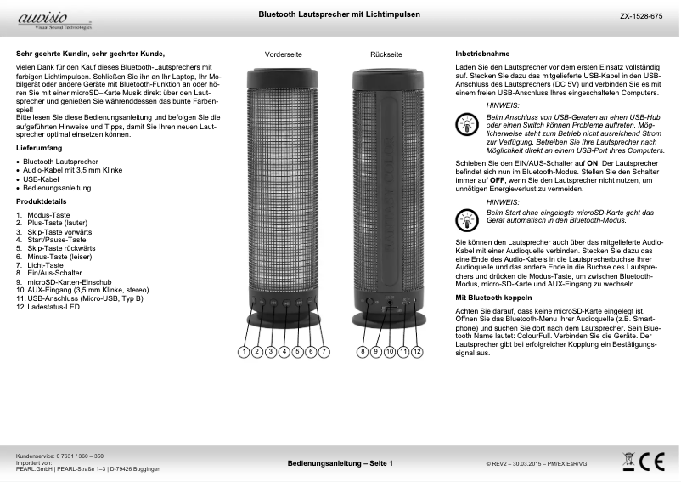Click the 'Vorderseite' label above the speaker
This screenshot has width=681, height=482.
coord(284,54)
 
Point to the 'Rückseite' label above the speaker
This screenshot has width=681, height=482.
coord(387,54)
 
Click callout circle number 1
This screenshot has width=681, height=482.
coord(243,351)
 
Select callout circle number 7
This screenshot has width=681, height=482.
coord(324,351)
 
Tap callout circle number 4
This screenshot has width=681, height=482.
coord(284,351)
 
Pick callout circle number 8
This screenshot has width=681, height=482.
coord(363,351)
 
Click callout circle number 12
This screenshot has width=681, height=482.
coord(417,351)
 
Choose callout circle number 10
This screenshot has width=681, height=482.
coord(390,351)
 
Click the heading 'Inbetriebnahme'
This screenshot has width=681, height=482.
coord(482,54)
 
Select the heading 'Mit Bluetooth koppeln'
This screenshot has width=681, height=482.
coord(494,299)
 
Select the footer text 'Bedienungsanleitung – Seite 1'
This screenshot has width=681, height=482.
coord(340,463)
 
